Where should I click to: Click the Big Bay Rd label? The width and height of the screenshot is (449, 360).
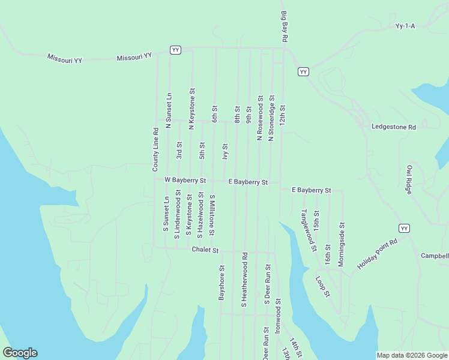[285, 26]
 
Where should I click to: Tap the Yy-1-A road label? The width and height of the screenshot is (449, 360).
[405, 26]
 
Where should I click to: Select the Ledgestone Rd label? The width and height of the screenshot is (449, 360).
[393, 127]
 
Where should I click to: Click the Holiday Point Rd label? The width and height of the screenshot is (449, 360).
[378, 254]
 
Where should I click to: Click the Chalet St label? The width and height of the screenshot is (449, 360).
[205, 250]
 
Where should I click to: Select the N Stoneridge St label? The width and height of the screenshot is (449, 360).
[271, 118]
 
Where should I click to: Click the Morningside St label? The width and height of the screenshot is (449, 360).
[341, 245]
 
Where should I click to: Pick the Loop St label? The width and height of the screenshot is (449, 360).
[323, 286]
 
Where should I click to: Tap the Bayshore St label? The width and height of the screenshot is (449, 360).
[221, 283]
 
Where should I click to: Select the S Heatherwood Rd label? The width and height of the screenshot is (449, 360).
[244, 280]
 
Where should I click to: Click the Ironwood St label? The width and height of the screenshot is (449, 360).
[277, 316]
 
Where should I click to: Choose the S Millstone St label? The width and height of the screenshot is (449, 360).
[212, 214]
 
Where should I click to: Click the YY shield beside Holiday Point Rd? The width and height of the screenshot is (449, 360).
[405, 228]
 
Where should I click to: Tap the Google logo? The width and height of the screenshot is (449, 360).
[20, 353]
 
